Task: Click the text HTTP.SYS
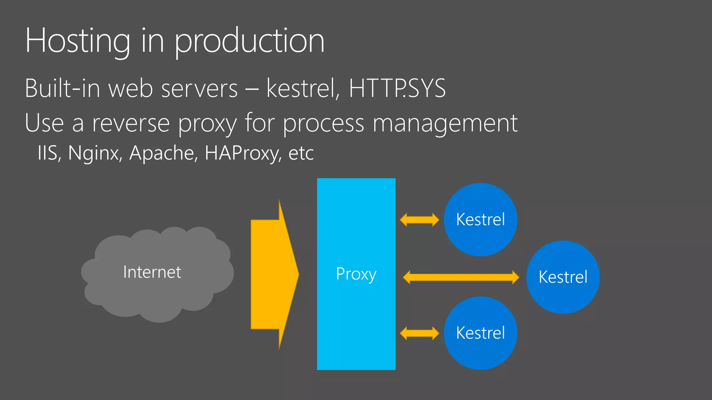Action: click(397, 88)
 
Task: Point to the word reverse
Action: click(131, 123)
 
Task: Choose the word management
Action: click(445, 124)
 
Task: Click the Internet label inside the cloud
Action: click(152, 272)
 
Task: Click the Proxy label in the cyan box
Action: click(356, 274)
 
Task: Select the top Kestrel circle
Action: click(480, 219)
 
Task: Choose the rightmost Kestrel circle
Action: click(563, 277)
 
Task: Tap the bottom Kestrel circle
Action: click(480, 333)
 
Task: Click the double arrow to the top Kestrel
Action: click(419, 220)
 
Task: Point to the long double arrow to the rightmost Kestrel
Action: click(461, 277)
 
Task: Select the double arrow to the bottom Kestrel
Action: click(419, 333)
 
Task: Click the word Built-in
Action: click(63, 88)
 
